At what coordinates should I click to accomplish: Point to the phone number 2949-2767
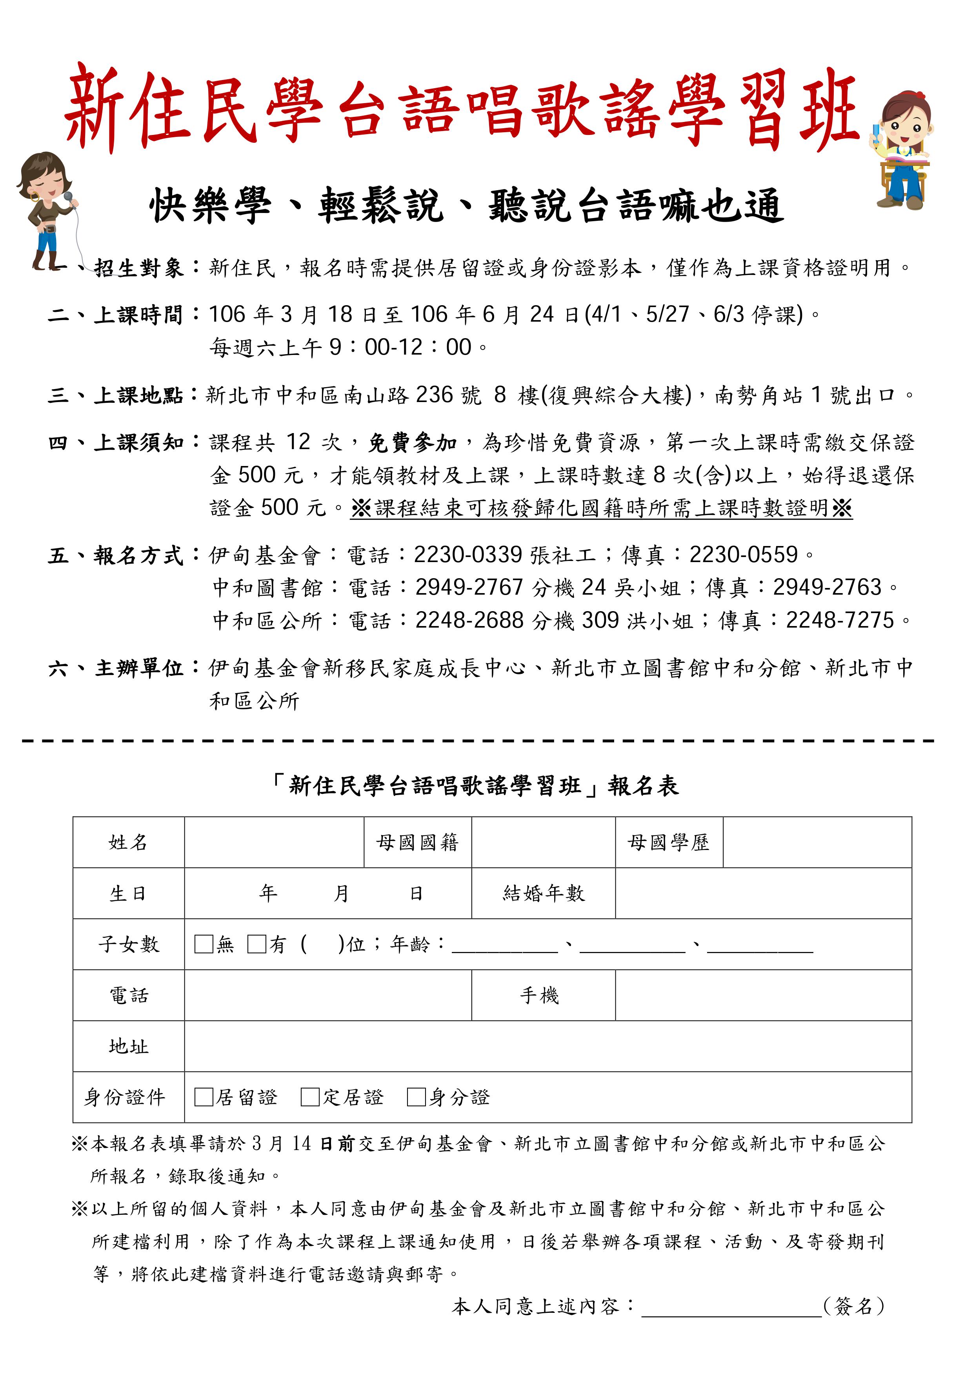[x=469, y=587]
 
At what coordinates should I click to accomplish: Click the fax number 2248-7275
[x=840, y=620]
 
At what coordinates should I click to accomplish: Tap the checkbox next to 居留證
[x=204, y=1098]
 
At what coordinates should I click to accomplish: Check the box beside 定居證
[x=310, y=1098]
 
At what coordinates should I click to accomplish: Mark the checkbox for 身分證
[x=416, y=1098]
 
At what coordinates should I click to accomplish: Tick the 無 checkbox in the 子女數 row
[x=204, y=945]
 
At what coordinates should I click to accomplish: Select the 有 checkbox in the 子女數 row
[x=256, y=945]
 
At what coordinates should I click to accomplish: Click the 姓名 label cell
[x=128, y=843]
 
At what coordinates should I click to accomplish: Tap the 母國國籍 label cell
[x=418, y=843]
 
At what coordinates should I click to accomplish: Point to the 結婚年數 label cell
[x=544, y=894]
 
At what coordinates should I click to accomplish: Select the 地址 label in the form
[x=128, y=1047]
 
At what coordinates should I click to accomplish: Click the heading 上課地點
[x=138, y=395]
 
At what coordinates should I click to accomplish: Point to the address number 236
[x=435, y=395]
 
